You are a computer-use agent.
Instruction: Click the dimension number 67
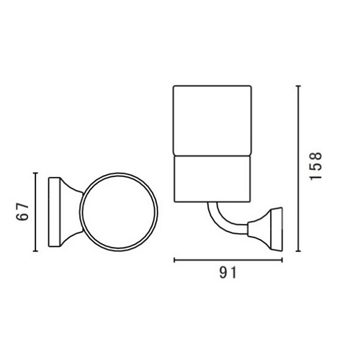pos(22,212)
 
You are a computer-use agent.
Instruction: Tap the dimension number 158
pos(315,166)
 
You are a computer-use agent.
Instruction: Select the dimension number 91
pos(228,272)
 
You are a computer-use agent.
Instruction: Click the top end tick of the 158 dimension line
pos(298,86)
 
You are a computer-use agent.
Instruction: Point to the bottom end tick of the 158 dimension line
pos(298,251)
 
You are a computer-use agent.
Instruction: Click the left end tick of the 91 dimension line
pos(174,260)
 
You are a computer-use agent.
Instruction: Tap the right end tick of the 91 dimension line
pos(282,260)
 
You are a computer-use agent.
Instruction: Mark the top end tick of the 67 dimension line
pos(35,173)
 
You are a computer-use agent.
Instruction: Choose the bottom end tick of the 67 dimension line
pos(35,251)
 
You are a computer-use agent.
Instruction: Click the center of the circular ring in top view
pos(119,212)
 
